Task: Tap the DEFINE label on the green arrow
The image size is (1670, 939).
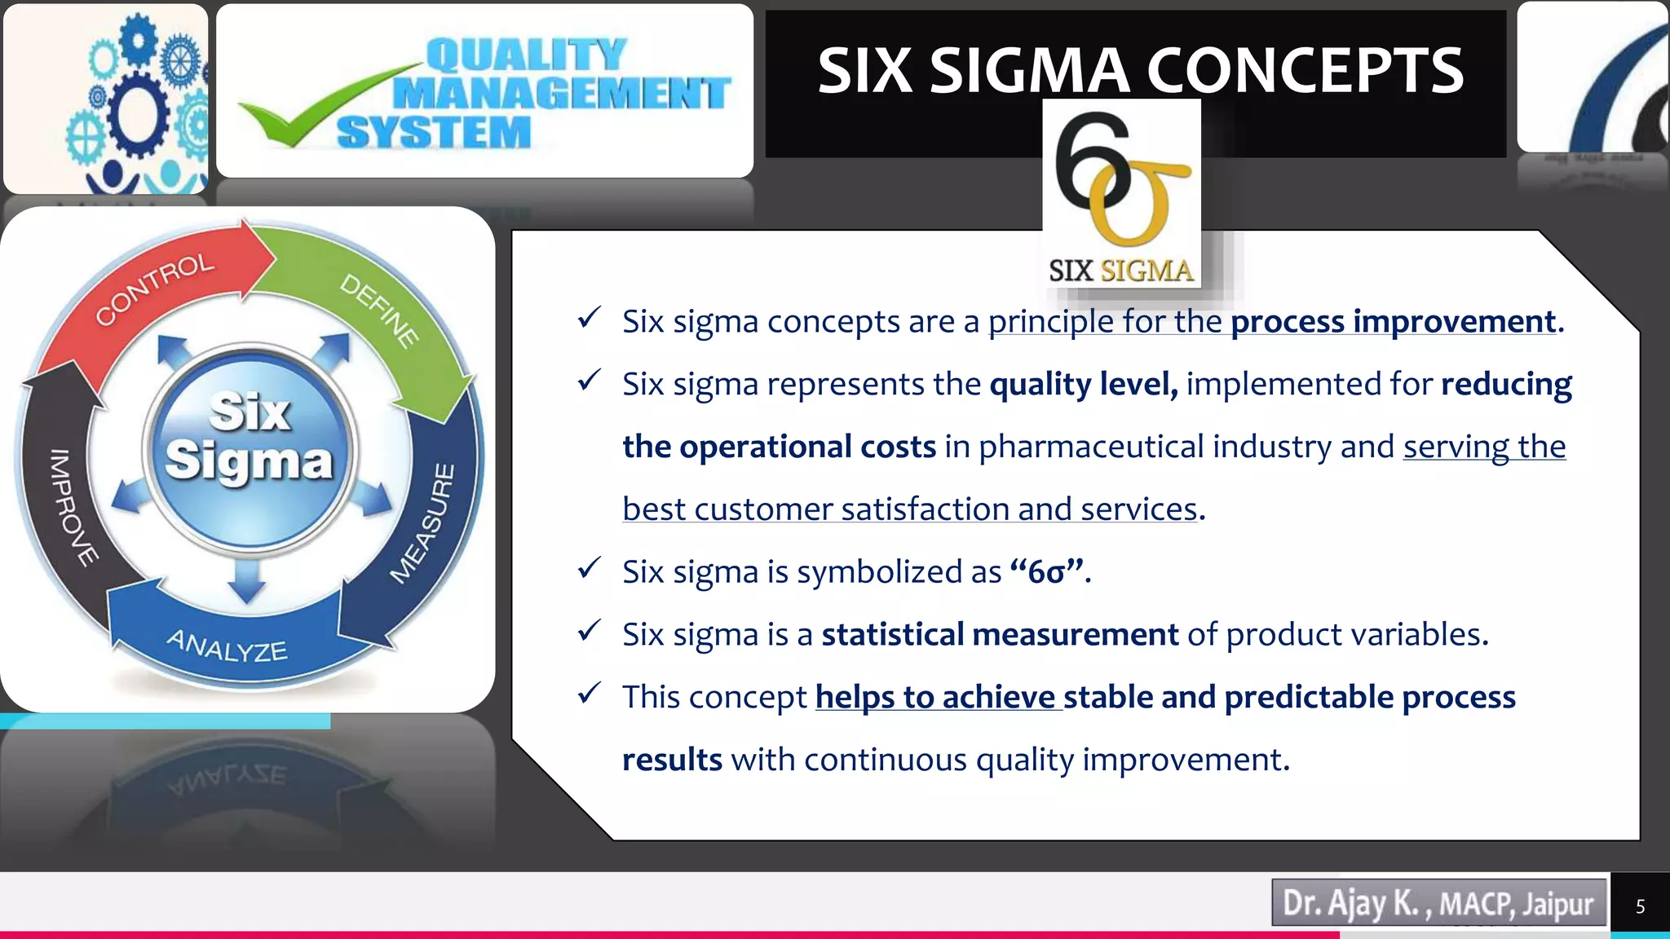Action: click(x=380, y=310)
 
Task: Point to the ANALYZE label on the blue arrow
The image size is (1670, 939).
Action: click(x=228, y=646)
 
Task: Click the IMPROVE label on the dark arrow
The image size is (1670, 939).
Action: click(x=72, y=506)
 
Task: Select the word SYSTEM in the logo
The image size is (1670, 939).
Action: click(x=434, y=133)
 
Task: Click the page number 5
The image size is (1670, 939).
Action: click(x=1640, y=906)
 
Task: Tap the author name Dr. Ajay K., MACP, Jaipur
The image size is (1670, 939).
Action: click(x=1438, y=903)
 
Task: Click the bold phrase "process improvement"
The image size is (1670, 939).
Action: click(x=1393, y=322)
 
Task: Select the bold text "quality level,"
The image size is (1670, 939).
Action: click(x=1084, y=384)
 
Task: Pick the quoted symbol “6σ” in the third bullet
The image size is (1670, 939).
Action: click(x=1047, y=571)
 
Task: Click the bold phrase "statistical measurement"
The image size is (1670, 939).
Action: click(x=1000, y=634)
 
